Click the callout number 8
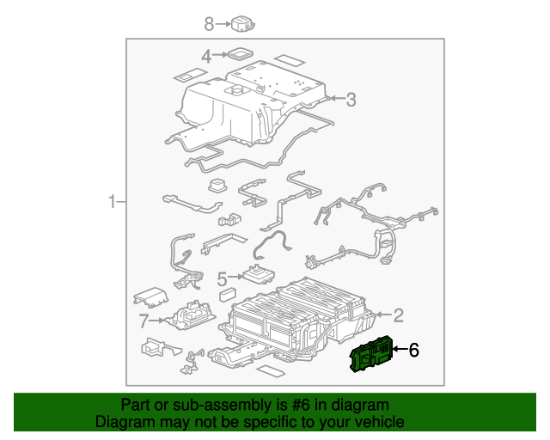(208, 24)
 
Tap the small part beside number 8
(246, 25)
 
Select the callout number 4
(206, 57)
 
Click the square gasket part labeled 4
(242, 55)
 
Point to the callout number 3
(351, 101)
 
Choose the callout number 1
(112, 203)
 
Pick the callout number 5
(222, 278)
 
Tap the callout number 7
(144, 321)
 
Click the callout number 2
(398, 315)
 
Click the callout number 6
(413, 350)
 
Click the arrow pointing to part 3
(334, 101)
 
